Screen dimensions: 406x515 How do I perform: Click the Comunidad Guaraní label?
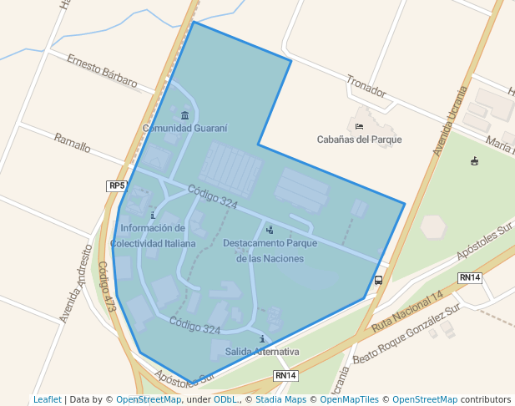[x=184, y=129]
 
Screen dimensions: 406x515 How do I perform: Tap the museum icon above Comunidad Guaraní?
[x=184, y=115]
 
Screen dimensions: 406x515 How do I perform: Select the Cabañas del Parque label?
[x=359, y=140]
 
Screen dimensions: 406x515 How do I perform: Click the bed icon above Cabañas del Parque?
[x=359, y=126]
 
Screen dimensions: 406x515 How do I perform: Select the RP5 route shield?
[x=117, y=185]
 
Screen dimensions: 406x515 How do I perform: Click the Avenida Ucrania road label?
[x=449, y=121]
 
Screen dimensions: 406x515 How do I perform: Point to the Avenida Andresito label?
[x=75, y=283]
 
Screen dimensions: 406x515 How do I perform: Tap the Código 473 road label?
[x=107, y=287]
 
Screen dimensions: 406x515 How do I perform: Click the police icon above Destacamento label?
[x=269, y=230]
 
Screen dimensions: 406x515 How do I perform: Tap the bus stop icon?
[x=379, y=280]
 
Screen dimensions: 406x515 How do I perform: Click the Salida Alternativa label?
[x=262, y=352]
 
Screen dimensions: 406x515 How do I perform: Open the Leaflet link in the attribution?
[x=47, y=400]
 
